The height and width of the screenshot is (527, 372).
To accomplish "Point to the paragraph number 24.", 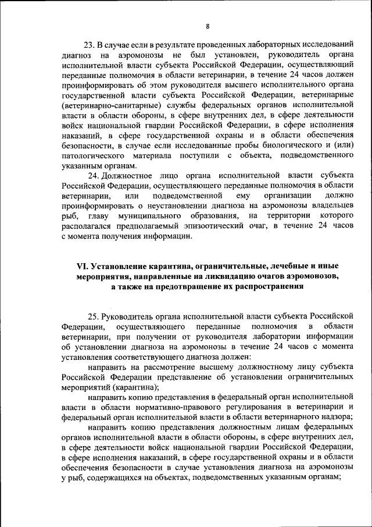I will (x=93, y=175).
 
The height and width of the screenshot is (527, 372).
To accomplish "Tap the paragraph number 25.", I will (x=93, y=316).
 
